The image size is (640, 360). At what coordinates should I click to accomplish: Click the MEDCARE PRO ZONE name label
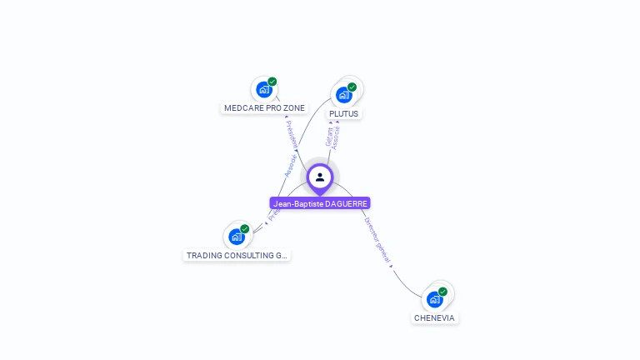(x=265, y=108)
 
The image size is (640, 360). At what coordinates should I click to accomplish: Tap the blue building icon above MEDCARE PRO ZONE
(x=264, y=90)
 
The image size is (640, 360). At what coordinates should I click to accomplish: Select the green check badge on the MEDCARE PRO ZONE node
(x=272, y=82)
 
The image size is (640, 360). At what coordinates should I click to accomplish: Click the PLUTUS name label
(x=344, y=113)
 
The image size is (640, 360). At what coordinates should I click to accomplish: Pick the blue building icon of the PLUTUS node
(x=344, y=95)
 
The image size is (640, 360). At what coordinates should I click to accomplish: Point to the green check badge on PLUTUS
(x=352, y=87)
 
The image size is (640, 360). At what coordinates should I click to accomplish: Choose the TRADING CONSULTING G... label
(x=237, y=256)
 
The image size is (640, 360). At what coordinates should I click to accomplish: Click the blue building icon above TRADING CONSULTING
(x=237, y=237)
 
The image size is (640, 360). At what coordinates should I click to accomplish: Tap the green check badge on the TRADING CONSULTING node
(x=245, y=228)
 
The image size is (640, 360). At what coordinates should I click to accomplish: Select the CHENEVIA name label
(x=435, y=317)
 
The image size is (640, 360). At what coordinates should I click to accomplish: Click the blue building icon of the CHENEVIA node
(x=435, y=299)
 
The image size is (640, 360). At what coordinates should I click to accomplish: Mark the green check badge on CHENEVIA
(x=442, y=292)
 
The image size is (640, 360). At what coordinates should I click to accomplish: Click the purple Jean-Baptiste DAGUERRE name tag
(x=320, y=203)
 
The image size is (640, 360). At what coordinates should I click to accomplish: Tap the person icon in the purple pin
(x=320, y=177)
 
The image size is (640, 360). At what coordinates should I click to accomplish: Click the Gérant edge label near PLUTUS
(x=329, y=137)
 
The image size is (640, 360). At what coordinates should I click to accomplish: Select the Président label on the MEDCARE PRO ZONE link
(x=291, y=133)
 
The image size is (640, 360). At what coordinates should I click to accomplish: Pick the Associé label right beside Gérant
(x=337, y=137)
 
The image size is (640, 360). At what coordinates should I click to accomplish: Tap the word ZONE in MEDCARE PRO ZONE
(x=294, y=108)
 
